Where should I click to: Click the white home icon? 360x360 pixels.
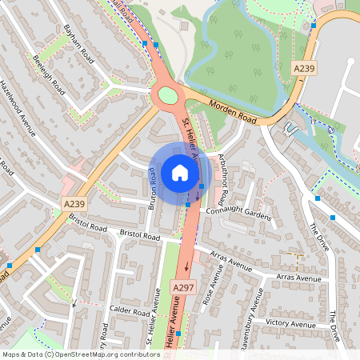(179, 172)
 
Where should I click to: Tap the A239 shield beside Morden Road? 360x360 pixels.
(304, 70)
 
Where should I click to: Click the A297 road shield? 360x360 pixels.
(182, 286)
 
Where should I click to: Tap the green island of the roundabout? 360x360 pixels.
(167, 96)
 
